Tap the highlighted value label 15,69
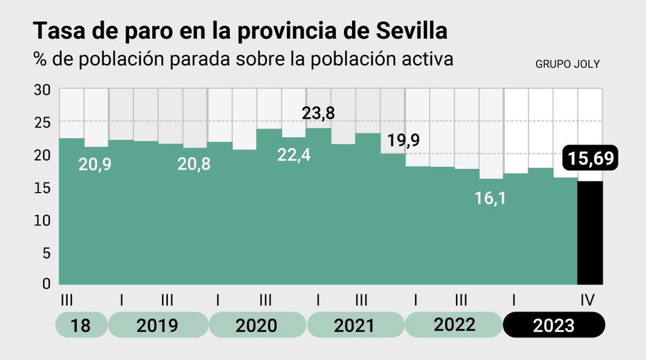(x=590, y=158)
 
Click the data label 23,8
(x=318, y=113)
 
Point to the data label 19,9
(x=403, y=140)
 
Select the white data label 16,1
(x=490, y=198)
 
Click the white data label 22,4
(x=294, y=155)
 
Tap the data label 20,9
(x=94, y=164)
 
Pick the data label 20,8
(x=194, y=164)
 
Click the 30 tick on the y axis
(x=42, y=90)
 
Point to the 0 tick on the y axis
(x=46, y=283)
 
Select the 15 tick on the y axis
(x=42, y=188)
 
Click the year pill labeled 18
(x=81, y=325)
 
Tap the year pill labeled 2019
(x=157, y=325)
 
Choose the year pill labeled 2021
(x=354, y=325)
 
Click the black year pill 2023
(x=554, y=325)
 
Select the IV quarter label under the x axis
(x=587, y=300)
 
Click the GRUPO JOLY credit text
(x=567, y=64)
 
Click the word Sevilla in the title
(x=411, y=31)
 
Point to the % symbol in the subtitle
(x=40, y=59)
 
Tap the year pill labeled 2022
(x=454, y=324)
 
